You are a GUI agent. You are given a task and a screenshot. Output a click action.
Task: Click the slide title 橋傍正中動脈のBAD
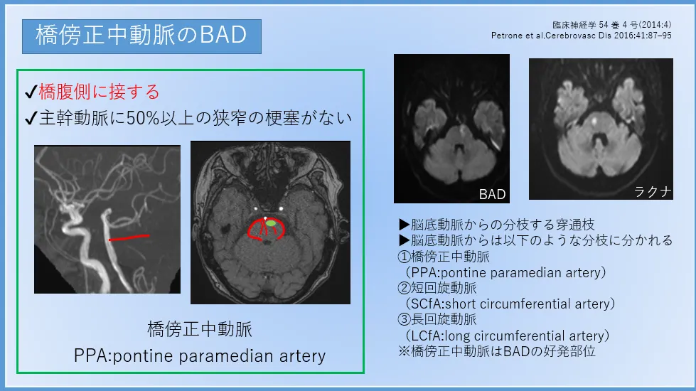pyautogui.click(x=141, y=35)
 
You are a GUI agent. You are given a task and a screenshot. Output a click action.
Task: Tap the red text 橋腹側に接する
pyautogui.click(x=99, y=92)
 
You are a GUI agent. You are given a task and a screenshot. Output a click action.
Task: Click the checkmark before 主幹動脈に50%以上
pyautogui.click(x=31, y=119)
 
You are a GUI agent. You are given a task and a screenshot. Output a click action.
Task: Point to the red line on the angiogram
pyautogui.click(x=129, y=238)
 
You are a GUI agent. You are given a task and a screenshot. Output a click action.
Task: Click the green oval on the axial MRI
pyautogui.click(x=270, y=223)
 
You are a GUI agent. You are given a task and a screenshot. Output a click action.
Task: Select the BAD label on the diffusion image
pyautogui.click(x=492, y=194)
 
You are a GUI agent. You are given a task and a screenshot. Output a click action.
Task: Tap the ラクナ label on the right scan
pyautogui.click(x=653, y=191)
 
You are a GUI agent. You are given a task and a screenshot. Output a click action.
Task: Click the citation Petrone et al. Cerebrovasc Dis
pyautogui.click(x=581, y=36)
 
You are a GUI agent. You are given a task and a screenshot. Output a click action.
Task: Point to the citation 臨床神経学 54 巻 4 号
pyautogui.click(x=611, y=25)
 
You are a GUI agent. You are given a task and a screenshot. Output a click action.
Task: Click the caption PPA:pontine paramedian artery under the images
pyautogui.click(x=200, y=356)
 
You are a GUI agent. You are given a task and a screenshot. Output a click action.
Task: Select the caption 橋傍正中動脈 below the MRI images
pyautogui.click(x=200, y=329)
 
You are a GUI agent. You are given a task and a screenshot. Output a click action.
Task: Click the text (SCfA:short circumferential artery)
pyautogui.click(x=510, y=304)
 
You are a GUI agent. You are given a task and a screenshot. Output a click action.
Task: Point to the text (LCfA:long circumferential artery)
pyautogui.click(x=508, y=336)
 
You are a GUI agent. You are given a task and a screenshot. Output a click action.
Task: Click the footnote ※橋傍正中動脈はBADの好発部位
pyautogui.click(x=497, y=351)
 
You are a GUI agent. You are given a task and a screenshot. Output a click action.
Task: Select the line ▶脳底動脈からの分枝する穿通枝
pyautogui.click(x=497, y=225)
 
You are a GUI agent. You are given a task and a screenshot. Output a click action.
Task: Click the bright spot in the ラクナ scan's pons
pyautogui.click(x=595, y=119)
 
